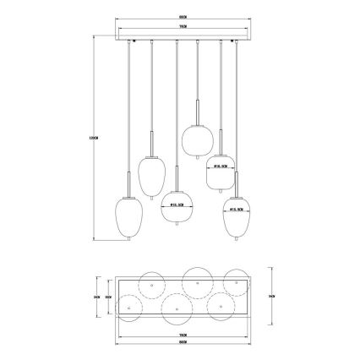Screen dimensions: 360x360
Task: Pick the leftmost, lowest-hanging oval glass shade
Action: [128, 215]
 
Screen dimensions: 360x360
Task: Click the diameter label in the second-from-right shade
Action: [220, 167]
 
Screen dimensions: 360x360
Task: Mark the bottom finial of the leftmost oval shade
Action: [128, 242]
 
